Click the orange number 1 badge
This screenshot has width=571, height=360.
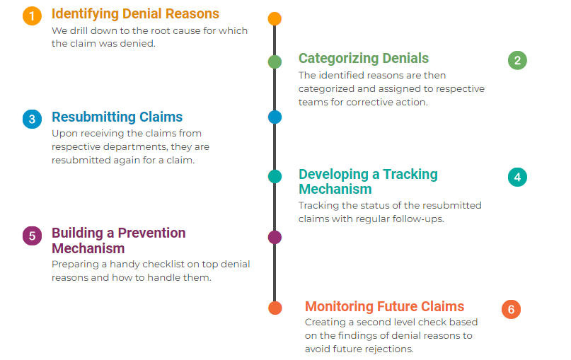click(x=32, y=16)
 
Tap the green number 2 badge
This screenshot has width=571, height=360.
click(x=517, y=60)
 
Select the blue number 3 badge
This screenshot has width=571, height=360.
click(x=32, y=119)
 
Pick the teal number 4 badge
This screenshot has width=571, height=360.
click(x=517, y=178)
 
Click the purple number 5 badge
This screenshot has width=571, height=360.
click(x=32, y=236)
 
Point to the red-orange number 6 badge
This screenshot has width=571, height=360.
click(x=511, y=309)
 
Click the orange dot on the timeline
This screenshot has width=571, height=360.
click(x=275, y=18)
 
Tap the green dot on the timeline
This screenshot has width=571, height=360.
click(x=275, y=62)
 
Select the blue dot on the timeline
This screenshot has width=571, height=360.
click(x=275, y=117)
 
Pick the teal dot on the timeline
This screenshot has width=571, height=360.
click(x=275, y=176)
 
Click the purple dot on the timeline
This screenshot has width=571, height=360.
click(x=275, y=238)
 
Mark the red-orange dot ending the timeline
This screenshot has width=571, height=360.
click(x=275, y=308)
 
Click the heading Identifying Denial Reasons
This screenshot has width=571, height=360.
click(x=135, y=14)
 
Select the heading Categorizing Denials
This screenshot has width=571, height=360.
click(x=364, y=58)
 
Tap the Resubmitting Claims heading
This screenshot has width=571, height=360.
click(x=117, y=117)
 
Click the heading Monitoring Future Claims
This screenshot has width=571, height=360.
click(x=384, y=306)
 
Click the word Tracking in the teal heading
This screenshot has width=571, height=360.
click(x=410, y=175)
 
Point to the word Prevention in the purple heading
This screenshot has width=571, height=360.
click(x=151, y=233)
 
